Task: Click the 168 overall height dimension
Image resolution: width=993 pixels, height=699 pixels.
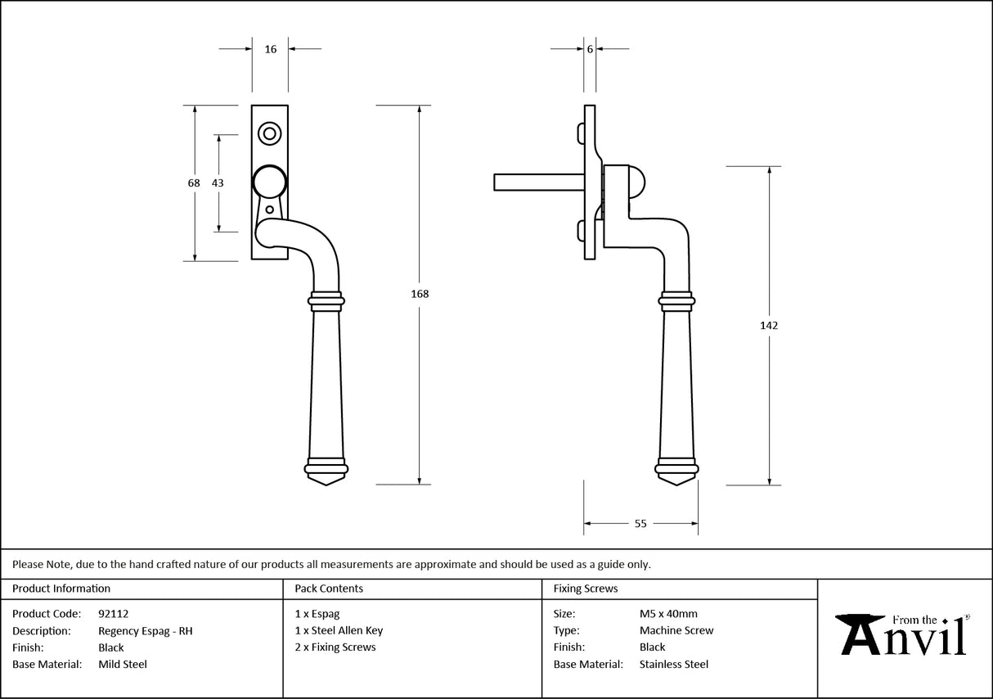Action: pos(420,294)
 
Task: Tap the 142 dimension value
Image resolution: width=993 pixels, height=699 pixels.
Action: pos(769,325)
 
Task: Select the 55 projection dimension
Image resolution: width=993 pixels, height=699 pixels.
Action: pos(640,524)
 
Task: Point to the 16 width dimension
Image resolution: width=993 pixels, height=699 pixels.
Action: pos(271,49)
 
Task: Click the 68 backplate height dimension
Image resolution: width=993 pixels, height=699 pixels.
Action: pos(194,183)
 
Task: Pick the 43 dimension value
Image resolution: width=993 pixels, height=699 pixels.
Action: pos(218,183)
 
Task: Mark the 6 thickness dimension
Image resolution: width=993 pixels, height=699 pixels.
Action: pos(589,49)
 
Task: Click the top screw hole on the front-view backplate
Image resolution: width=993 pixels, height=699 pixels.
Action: pos(268,133)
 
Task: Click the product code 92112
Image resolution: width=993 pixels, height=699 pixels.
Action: pos(113,613)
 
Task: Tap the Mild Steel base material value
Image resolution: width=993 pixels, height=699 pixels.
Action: pos(123,664)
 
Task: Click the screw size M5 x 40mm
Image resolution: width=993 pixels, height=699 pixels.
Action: pos(668,613)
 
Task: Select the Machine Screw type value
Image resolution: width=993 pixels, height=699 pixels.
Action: pos(676,630)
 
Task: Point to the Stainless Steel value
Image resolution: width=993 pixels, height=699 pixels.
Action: pos(674,664)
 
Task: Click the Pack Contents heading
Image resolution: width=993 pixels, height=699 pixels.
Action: pos(329,589)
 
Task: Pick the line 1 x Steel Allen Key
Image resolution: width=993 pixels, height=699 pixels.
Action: pos(339,630)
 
